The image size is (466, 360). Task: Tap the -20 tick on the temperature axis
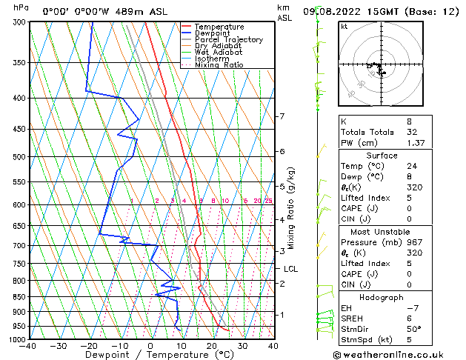click(89, 345)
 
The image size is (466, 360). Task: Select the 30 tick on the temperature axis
click(242, 345)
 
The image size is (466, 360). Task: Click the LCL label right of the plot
click(290, 269)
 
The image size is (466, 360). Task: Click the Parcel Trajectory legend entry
click(227, 40)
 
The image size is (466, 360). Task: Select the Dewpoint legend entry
click(214, 33)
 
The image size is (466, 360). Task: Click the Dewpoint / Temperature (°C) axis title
click(151, 356)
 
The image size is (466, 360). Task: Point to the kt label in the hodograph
click(344, 26)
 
